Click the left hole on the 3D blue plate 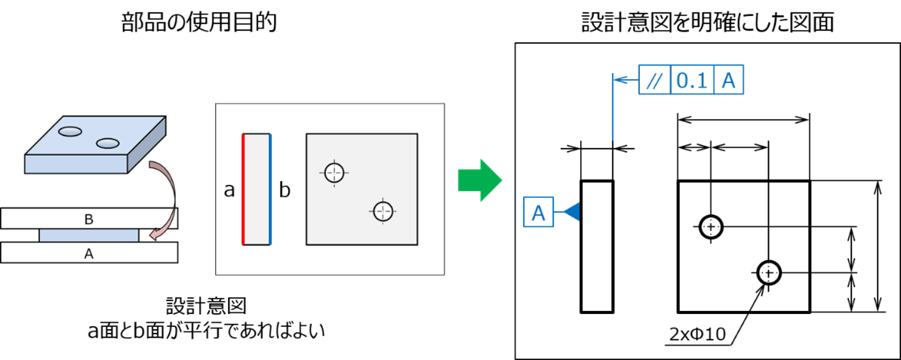tap(70, 131)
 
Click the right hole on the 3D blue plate tap(108, 143)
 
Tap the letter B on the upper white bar tap(88, 220)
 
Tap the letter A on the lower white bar tap(88, 254)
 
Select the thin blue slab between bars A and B tap(88, 235)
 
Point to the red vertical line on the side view tap(243, 189)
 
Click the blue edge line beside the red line tap(270, 189)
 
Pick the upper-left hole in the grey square tap(334, 172)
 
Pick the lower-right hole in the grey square tap(383, 211)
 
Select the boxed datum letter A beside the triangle tap(539, 212)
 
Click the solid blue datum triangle tap(571, 212)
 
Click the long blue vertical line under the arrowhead tap(612, 113)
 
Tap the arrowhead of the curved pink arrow tap(155, 235)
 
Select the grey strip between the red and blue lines tap(257, 189)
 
